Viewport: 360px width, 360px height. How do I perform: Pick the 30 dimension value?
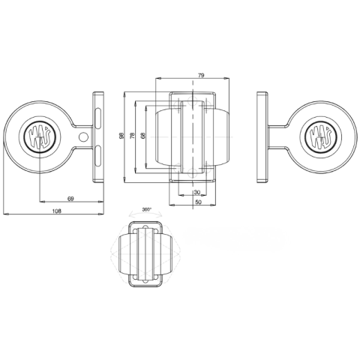point(196,193)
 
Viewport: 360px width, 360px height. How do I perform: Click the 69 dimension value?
point(69,198)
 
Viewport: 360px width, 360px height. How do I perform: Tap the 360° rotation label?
point(146,210)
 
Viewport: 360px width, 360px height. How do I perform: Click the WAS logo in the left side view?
point(39,136)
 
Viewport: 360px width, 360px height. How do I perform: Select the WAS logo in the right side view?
point(319,136)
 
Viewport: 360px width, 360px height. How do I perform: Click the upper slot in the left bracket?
point(97,115)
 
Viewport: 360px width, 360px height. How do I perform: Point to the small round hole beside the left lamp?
point(84,136)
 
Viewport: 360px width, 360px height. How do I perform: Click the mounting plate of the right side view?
point(262,136)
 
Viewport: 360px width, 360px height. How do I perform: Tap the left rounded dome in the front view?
point(165,136)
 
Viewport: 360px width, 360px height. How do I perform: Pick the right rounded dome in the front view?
point(223,136)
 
